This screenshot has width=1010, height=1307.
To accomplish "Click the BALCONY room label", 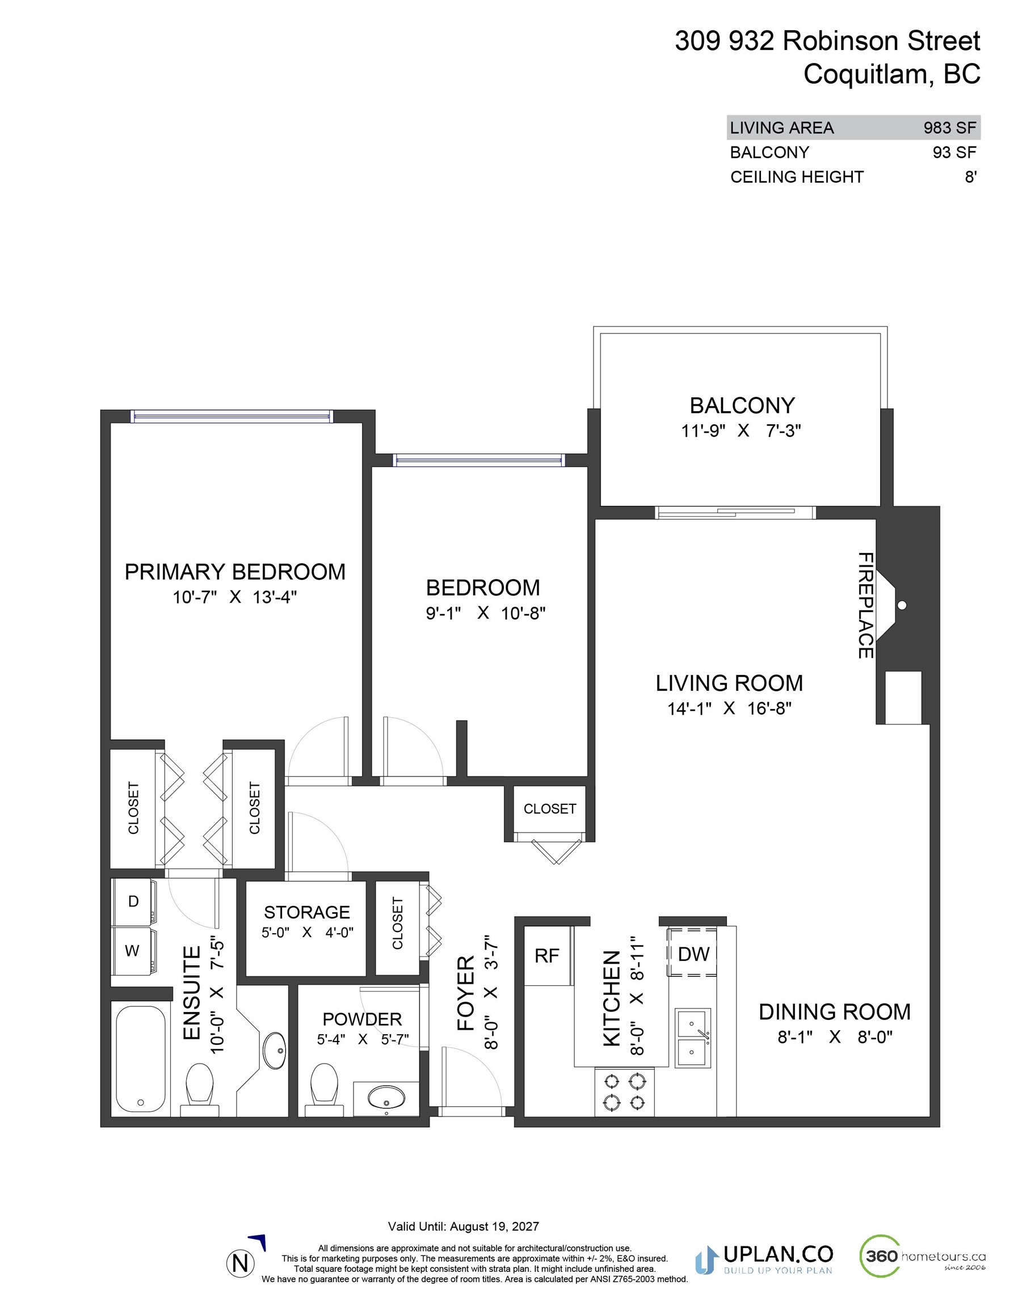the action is click(x=742, y=406).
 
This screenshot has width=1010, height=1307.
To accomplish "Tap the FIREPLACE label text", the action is click(x=866, y=605).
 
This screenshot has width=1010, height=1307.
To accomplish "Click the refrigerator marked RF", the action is click(x=547, y=956).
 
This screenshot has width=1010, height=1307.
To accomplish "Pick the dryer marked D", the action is click(x=134, y=902).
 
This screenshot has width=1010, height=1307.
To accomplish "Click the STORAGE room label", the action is click(x=307, y=912).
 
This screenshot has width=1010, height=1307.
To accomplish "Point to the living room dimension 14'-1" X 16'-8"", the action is click(x=729, y=709).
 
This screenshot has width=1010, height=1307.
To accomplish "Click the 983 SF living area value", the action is click(x=949, y=128).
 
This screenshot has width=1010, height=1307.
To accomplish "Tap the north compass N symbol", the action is click(x=240, y=1263).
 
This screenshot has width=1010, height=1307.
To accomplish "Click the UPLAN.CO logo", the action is click(x=764, y=1260).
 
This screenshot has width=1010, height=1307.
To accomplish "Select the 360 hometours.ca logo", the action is click(x=923, y=1255).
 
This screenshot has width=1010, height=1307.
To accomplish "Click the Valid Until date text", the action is click(x=464, y=1226).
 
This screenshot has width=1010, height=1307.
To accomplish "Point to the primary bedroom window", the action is click(x=231, y=416).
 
